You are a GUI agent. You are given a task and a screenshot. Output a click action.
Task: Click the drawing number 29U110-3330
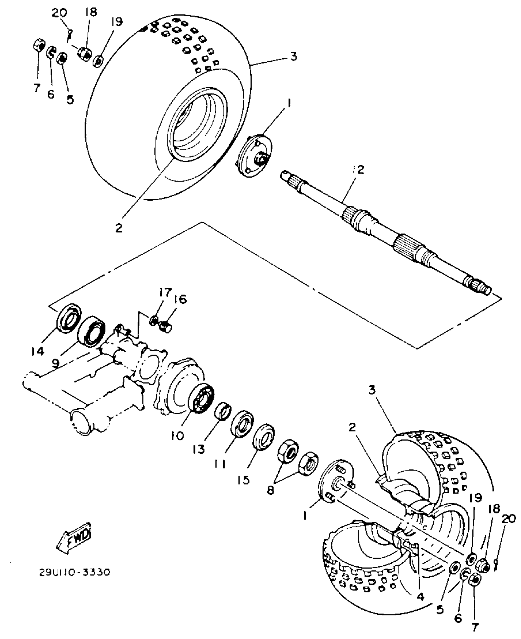point(74,573)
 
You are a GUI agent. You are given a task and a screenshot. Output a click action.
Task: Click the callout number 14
point(38,352)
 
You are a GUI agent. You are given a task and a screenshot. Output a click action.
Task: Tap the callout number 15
point(244,480)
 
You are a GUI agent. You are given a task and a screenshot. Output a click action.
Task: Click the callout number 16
point(181,299)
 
